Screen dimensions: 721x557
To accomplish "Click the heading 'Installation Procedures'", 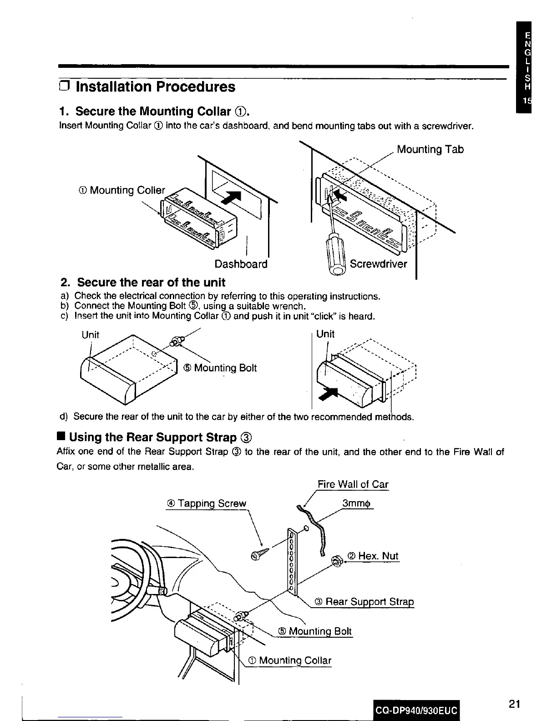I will pos(155,86).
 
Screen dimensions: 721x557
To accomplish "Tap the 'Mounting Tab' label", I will pos(430,149).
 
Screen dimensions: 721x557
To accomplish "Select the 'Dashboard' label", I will pos(241,264).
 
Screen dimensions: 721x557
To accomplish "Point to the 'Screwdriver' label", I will pos(378,264).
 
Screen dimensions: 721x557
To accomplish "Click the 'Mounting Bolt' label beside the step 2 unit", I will pos(220,368).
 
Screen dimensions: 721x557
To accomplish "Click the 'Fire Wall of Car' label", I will pos(353,484).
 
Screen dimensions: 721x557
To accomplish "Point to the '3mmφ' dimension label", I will pos(357,503).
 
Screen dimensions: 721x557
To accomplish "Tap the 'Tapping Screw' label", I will pos(207,503).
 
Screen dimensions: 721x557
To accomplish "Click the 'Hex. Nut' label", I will pos(373,556).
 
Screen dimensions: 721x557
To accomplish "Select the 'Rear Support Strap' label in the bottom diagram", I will pos(364,602).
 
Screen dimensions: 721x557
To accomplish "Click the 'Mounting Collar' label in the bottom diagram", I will pos(290,660).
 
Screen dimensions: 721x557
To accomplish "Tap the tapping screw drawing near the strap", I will pos(260,554).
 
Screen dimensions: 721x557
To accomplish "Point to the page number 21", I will pos(514,704).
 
